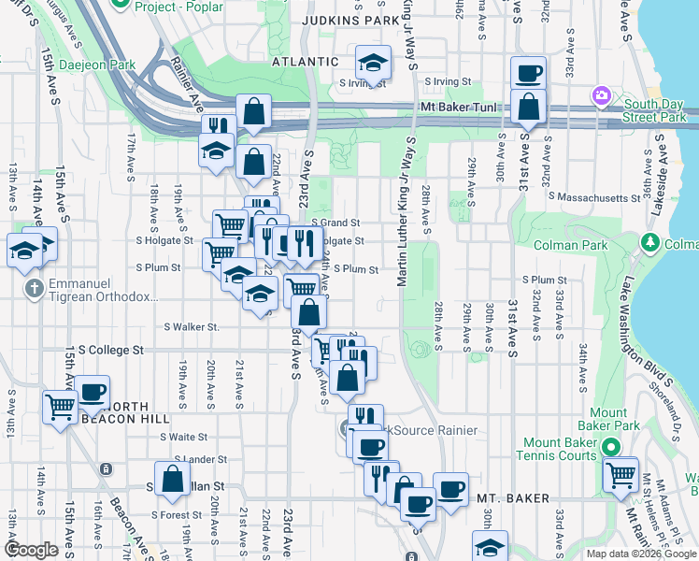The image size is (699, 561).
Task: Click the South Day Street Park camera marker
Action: click(601, 96)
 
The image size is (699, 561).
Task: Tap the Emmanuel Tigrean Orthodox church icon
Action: click(34, 288)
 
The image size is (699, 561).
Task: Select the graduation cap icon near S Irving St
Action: click(373, 63)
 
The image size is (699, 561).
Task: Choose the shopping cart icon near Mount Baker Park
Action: click(620, 474)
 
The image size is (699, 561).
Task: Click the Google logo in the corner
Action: click(31, 550)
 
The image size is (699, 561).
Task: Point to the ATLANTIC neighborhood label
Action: click(305, 62)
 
